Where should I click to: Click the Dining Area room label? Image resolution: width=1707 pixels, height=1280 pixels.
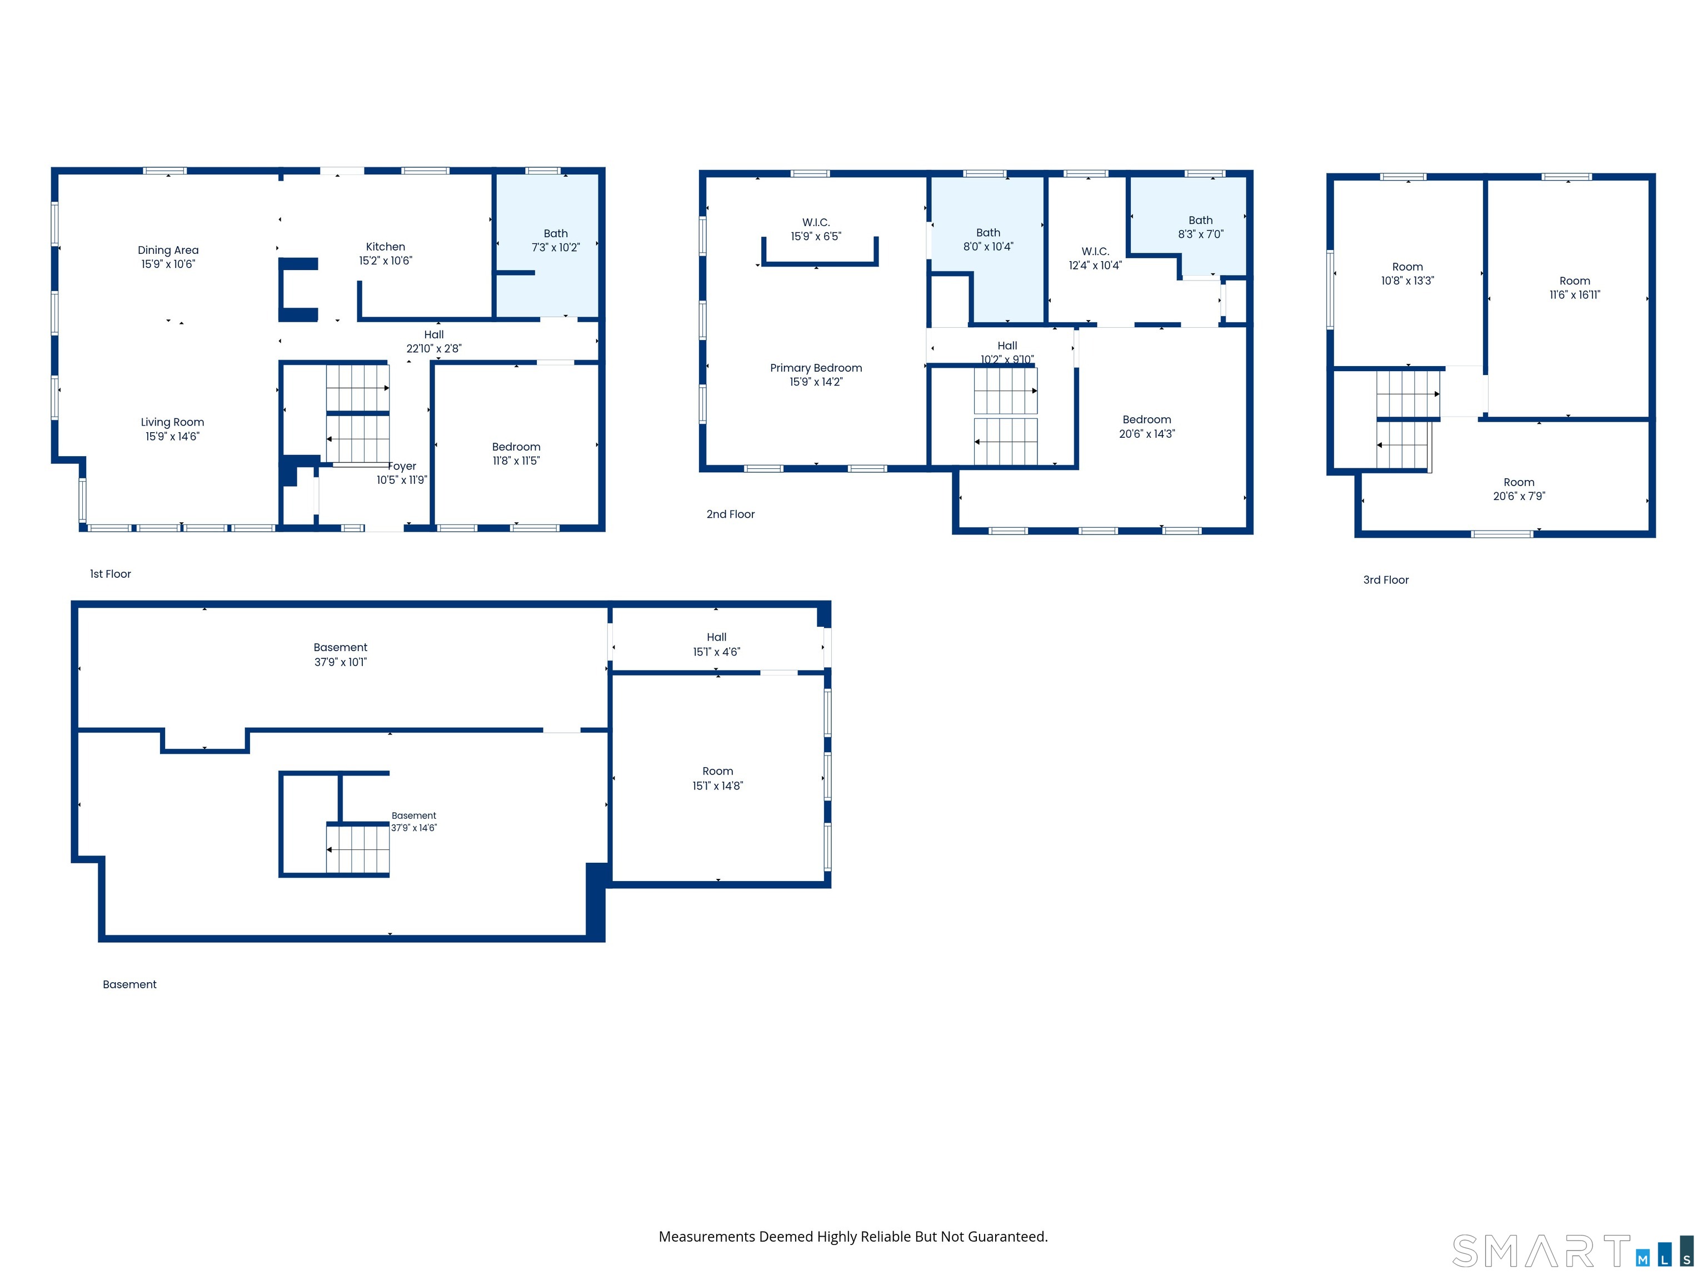coord(168,250)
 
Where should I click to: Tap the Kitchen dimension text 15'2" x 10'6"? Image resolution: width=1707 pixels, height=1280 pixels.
coord(386,261)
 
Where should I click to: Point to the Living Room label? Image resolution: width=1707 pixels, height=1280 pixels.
coord(172,422)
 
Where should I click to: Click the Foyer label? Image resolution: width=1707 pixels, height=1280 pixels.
coord(402,466)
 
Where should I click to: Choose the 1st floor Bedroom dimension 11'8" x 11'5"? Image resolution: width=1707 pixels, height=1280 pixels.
coord(516,461)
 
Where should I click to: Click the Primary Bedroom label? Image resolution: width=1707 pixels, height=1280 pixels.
coord(816,368)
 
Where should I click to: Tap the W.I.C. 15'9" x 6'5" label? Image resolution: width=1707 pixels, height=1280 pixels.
coord(816,229)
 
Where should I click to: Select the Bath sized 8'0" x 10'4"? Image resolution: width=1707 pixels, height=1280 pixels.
coord(988,239)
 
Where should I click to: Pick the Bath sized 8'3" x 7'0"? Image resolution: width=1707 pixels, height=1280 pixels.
coord(1200,227)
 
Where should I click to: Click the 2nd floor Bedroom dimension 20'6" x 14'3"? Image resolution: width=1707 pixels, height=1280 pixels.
coord(1147,433)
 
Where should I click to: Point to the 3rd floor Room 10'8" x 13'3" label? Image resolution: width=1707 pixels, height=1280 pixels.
coord(1407,274)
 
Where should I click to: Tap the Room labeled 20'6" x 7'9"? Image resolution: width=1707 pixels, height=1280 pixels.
coord(1519,489)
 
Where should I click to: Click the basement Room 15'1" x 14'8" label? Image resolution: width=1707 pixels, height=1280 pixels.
coord(718,778)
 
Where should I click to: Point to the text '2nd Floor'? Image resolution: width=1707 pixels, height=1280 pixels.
coord(730,514)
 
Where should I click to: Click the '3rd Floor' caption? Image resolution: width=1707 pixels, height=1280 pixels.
coord(1385,579)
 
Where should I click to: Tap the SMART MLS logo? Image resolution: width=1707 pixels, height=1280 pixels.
coord(1573,1251)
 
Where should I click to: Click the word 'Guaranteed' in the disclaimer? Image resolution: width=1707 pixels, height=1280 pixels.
coord(1006,1236)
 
